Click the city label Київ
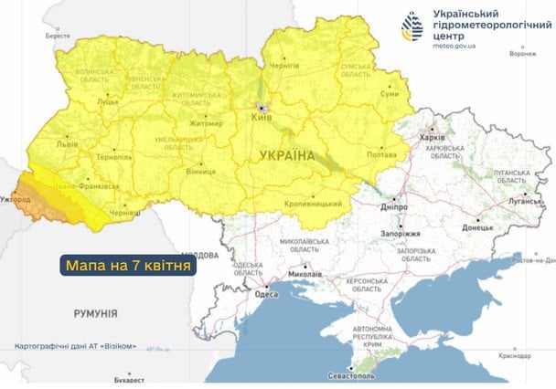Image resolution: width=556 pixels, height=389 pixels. (262, 119)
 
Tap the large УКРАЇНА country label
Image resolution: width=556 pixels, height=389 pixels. (287, 156)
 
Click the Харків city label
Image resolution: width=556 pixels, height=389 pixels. (431, 137)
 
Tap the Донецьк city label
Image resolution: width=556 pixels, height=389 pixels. (477, 226)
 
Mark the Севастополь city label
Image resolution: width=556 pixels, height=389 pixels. (353, 376)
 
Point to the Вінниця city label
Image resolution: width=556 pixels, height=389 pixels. (200, 172)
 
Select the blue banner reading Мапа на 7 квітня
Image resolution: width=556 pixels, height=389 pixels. (128, 266)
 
